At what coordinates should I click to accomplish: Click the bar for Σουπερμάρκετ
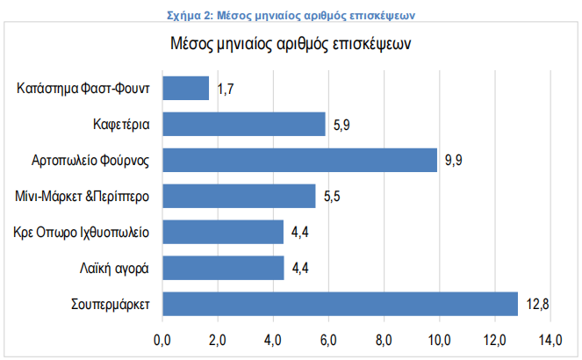click(340, 304)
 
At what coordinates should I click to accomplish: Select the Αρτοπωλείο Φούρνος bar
click(299, 160)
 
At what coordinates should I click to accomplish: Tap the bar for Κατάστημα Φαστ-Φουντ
click(186, 88)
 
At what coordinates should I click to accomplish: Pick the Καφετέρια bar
click(244, 124)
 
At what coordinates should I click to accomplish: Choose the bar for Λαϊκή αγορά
click(223, 268)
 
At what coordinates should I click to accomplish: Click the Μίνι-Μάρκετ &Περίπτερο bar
click(239, 196)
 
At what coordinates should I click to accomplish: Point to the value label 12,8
click(538, 304)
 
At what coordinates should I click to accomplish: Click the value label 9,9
click(453, 160)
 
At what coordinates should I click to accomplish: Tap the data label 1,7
click(226, 88)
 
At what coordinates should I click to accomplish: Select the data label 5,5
click(332, 196)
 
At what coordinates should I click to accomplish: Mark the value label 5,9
click(342, 124)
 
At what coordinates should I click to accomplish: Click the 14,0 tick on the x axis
click(550, 338)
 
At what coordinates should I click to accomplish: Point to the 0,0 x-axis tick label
click(162, 338)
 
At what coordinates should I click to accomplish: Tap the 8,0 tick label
click(384, 338)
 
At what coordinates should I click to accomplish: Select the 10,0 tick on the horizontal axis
click(440, 338)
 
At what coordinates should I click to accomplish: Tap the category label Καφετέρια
click(121, 124)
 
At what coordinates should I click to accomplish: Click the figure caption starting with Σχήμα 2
click(290, 14)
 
